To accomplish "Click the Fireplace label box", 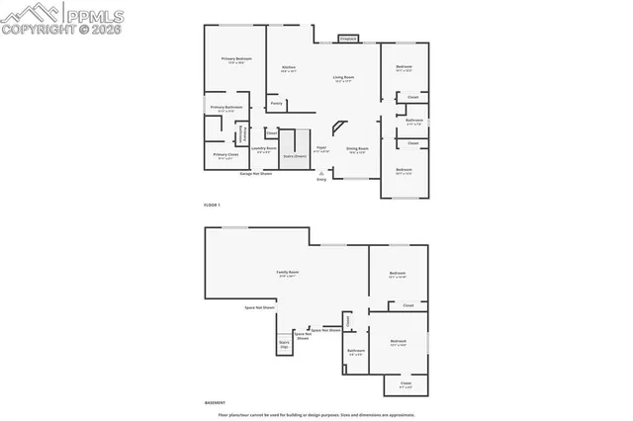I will point(347,39).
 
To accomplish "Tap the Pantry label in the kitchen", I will point(277,103).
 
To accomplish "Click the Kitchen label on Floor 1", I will point(289,69).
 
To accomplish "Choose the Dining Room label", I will point(356,150).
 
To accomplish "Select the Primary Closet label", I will point(226,155).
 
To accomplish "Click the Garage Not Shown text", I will point(256,173).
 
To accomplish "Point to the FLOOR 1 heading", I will point(212,205).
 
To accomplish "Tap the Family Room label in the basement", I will point(288,273).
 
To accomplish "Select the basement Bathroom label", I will point(356,351).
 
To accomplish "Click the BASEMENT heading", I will point(215,402).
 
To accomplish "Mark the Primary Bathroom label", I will point(226,108).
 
